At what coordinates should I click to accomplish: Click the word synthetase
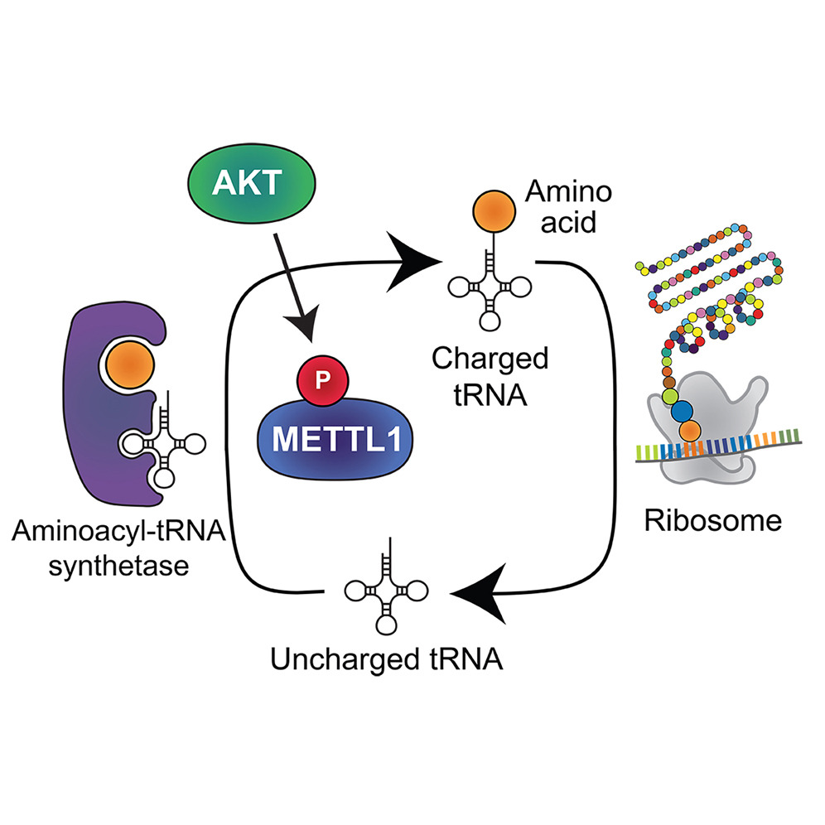point(124,566)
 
